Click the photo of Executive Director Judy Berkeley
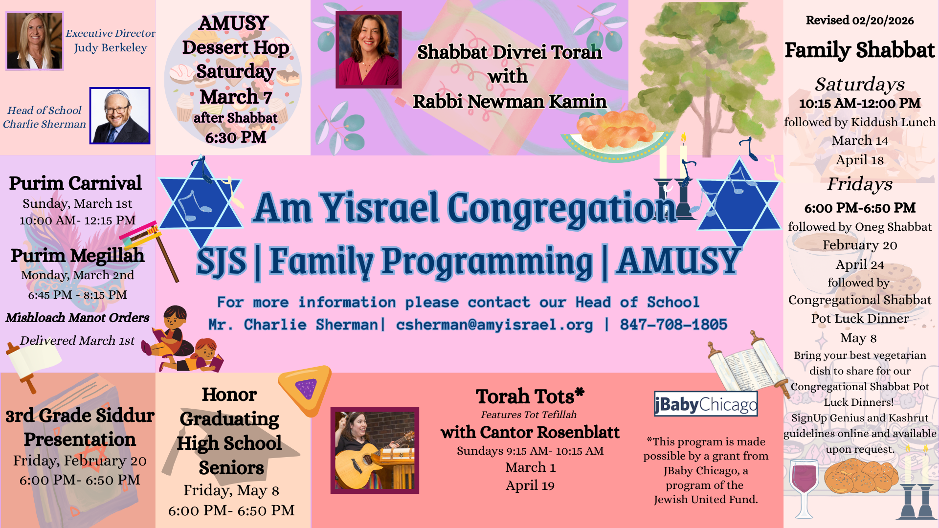tap(35, 41)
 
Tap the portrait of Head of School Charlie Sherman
tap(120, 116)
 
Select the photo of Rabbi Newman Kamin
tap(369, 50)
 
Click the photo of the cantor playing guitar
tap(375, 450)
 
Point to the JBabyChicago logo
tap(706, 404)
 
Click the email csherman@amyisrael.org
tap(494, 325)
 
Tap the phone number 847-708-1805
tap(673, 325)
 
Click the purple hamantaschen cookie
tap(305, 390)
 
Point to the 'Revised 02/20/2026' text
tap(860, 21)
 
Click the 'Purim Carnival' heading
tap(75, 183)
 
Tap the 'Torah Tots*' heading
tap(530, 396)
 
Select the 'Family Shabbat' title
tap(860, 50)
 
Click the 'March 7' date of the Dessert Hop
tap(235, 97)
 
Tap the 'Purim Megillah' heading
tap(77, 256)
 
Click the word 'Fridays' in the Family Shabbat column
tap(860, 184)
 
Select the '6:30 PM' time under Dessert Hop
tap(235, 138)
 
